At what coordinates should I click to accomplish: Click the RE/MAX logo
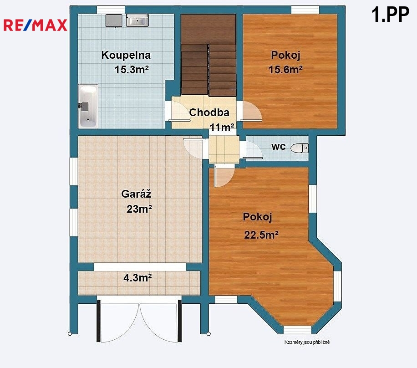(x=35, y=25)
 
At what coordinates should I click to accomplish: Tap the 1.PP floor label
(x=390, y=15)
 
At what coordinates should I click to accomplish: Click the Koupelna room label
(x=126, y=55)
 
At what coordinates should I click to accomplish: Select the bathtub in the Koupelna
(x=88, y=106)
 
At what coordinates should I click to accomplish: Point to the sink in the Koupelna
(x=137, y=20)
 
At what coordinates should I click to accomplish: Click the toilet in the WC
(x=300, y=148)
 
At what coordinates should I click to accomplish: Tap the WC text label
(x=279, y=147)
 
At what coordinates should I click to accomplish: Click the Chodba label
(x=209, y=112)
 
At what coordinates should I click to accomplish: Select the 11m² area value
(x=222, y=128)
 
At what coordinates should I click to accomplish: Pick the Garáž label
(x=136, y=194)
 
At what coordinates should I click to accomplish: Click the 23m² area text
(x=139, y=209)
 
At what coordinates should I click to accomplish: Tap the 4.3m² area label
(x=137, y=278)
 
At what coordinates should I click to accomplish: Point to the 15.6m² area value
(x=285, y=69)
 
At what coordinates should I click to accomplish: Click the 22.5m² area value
(x=261, y=235)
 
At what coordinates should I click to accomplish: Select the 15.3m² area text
(x=132, y=69)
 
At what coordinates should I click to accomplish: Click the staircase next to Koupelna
(x=208, y=55)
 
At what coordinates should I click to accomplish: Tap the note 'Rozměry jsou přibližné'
(x=307, y=342)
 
